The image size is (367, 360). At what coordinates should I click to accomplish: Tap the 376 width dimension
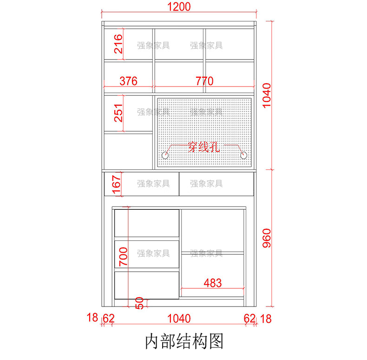point(128,81)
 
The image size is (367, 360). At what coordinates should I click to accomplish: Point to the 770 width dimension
point(204,81)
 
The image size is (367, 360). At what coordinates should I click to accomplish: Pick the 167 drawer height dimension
point(117,184)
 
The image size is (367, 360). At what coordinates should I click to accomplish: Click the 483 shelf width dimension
point(212,282)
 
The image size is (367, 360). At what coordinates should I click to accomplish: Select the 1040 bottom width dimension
point(178,319)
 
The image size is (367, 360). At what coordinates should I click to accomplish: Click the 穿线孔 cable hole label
point(203,147)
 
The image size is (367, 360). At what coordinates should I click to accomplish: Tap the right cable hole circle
point(243,156)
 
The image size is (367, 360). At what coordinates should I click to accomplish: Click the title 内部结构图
point(184,341)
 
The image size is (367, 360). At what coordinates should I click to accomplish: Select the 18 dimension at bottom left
point(92,318)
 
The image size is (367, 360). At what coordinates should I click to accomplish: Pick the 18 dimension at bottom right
point(266,319)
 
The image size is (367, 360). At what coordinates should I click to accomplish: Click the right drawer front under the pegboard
point(216,184)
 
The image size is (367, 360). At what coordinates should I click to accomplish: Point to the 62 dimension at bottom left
point(109,319)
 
